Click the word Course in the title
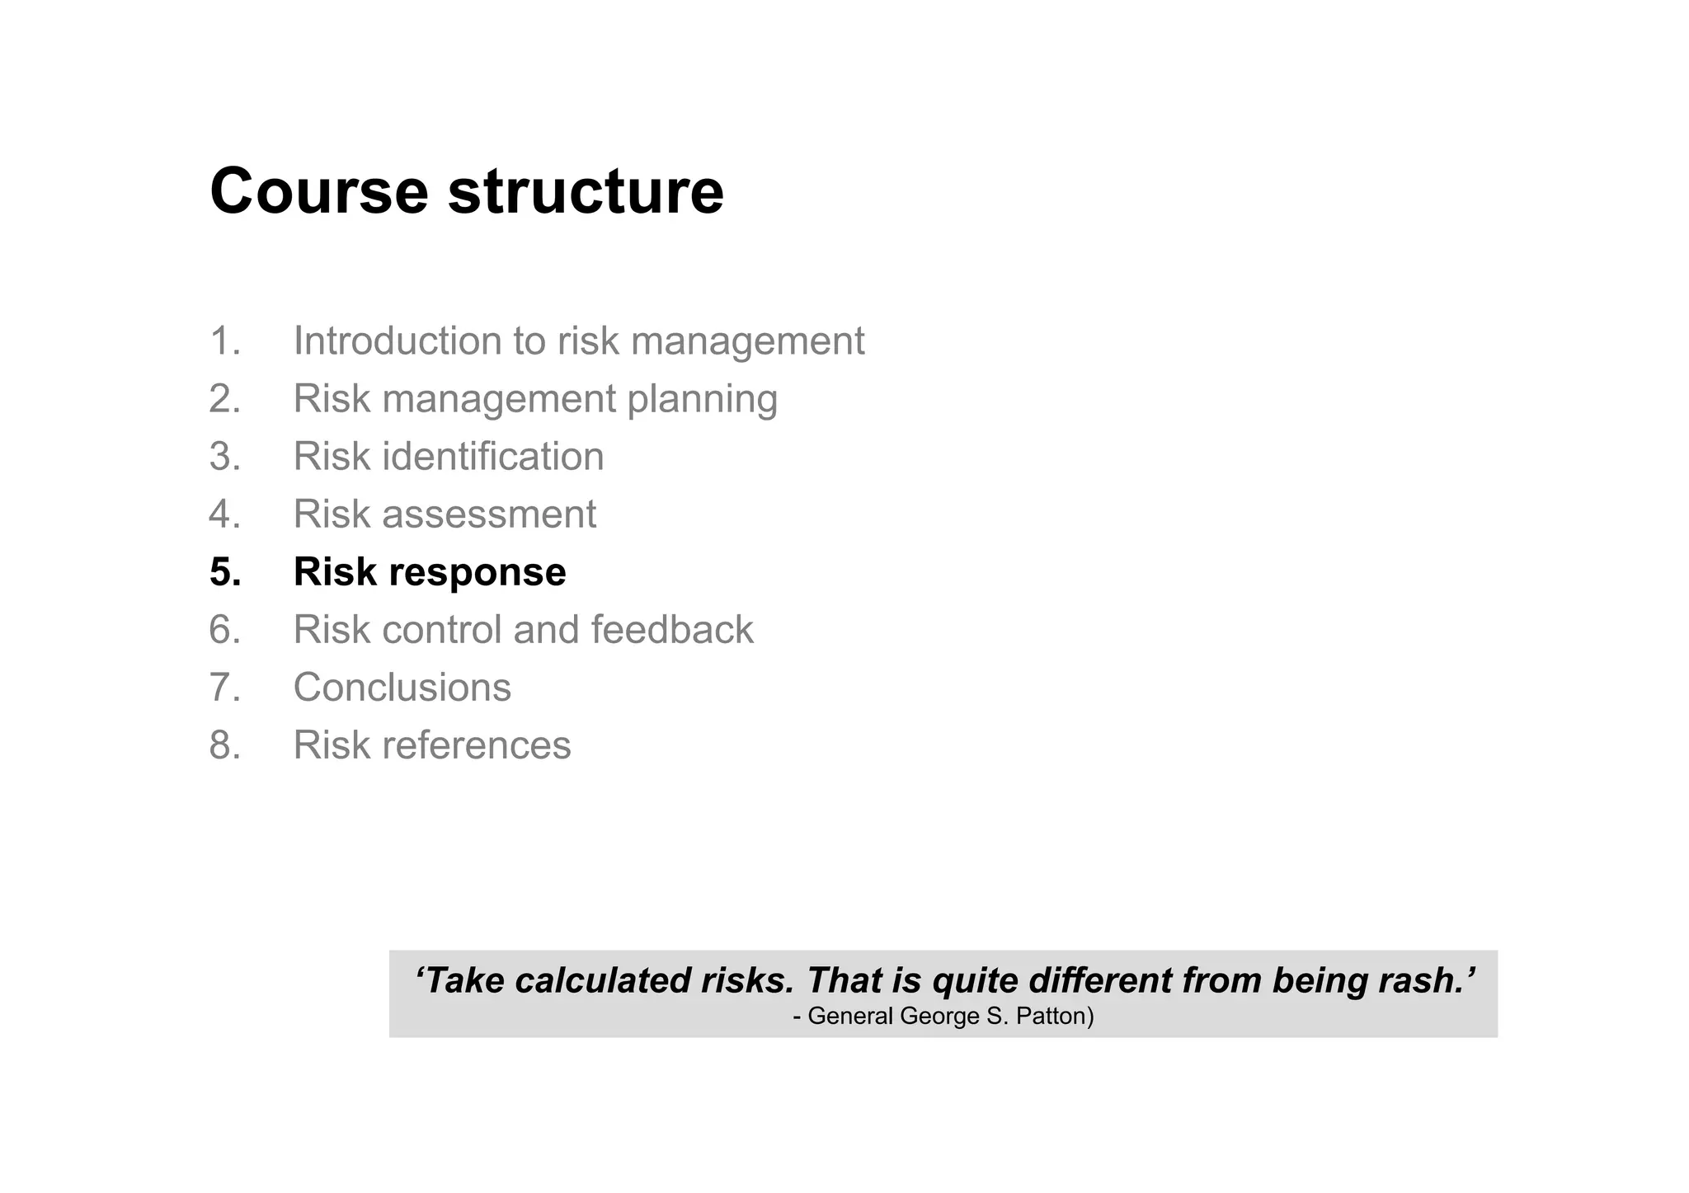tap(318, 191)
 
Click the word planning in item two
tap(702, 399)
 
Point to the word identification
tap(492, 456)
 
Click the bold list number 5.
tap(224, 572)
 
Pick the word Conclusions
tap(402, 688)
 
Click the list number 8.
tap(223, 745)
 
